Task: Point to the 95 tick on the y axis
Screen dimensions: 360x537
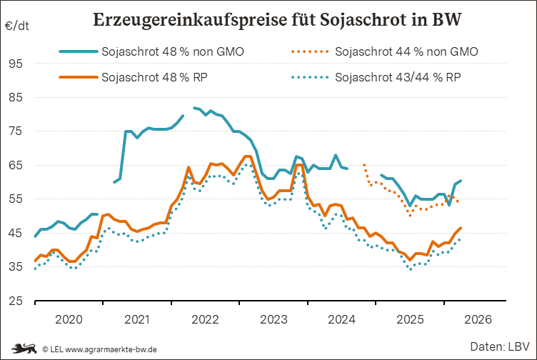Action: coord(16,64)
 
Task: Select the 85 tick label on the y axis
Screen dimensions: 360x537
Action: coord(16,97)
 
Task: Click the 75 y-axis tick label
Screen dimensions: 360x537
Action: coord(16,131)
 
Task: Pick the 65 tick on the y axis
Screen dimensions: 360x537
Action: coord(16,165)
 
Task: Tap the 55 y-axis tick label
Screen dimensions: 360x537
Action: coord(16,199)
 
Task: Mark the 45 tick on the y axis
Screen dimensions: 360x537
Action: coord(16,233)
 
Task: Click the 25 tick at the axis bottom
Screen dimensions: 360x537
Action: coord(16,301)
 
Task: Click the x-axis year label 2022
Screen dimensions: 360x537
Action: coord(206,319)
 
